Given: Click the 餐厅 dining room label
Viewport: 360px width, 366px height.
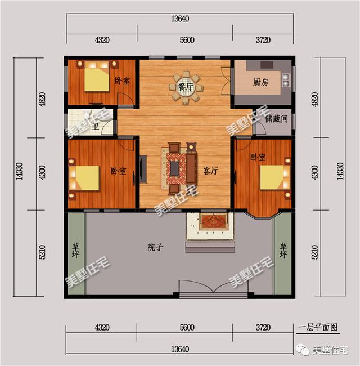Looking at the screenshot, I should (185, 87).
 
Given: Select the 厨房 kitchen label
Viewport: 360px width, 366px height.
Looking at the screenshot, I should (260, 83).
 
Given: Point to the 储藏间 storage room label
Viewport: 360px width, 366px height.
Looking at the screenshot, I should (276, 119).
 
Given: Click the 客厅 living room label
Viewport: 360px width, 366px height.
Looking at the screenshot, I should (210, 171).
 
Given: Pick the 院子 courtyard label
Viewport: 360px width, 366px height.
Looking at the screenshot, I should (155, 247).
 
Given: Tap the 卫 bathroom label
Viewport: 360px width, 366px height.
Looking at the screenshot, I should (96, 126).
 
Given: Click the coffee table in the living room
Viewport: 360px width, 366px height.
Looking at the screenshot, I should (176, 167).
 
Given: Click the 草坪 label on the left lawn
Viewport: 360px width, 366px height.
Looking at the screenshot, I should (75, 251).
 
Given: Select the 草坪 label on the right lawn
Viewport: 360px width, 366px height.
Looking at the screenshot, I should (283, 251).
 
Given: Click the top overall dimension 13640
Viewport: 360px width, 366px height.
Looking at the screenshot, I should (180, 19).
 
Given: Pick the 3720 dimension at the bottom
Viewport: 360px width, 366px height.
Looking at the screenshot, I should (262, 327).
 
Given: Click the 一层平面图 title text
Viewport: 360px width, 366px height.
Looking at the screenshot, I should (318, 327).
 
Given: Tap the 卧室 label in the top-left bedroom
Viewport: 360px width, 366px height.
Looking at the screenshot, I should (122, 81).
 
